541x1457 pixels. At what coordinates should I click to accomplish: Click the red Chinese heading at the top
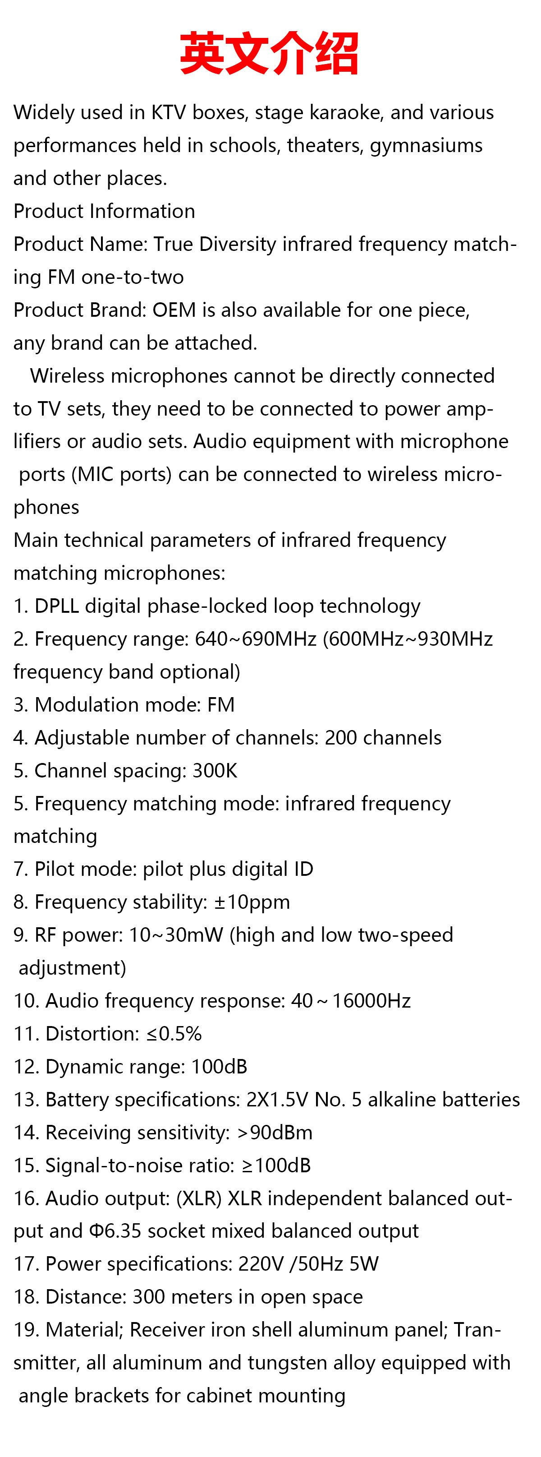pyautogui.click(x=270, y=54)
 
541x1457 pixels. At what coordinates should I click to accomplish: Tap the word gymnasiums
pyautogui.click(x=426, y=145)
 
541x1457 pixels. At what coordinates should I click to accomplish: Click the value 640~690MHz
pyautogui.click(x=256, y=638)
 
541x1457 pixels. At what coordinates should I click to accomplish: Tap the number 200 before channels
pyautogui.click(x=340, y=738)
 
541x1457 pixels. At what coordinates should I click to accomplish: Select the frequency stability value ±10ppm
pyautogui.click(x=252, y=902)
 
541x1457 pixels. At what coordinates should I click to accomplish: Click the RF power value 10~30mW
pyautogui.click(x=176, y=934)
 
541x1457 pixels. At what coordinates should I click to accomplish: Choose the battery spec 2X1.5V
pyautogui.click(x=277, y=1099)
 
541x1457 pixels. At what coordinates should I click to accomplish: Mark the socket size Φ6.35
pyautogui.click(x=115, y=1231)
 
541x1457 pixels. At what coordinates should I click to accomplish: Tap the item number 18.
pyautogui.click(x=25, y=1296)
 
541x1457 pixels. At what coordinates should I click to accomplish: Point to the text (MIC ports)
pyautogui.click(x=122, y=474)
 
